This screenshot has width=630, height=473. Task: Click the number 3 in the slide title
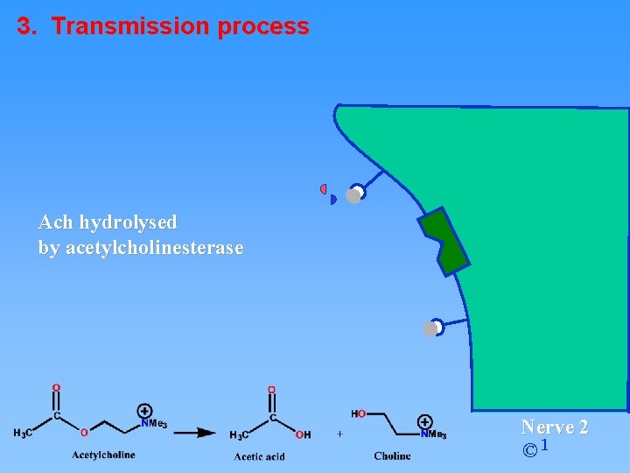pyautogui.click(x=26, y=26)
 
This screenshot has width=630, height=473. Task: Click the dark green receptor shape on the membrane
pyautogui.click(x=444, y=241)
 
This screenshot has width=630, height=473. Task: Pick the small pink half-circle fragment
pyautogui.click(x=323, y=188)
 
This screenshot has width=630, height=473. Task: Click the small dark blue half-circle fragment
pyautogui.click(x=332, y=200)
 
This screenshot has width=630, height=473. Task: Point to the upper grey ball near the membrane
pyautogui.click(x=353, y=196)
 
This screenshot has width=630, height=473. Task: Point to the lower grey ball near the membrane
pyautogui.click(x=430, y=329)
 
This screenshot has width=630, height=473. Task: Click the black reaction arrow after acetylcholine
pyautogui.click(x=194, y=432)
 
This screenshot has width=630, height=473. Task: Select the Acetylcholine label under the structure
pyautogui.click(x=103, y=455)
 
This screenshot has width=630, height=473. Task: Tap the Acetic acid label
pyautogui.click(x=259, y=456)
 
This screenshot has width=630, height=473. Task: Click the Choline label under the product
pyautogui.click(x=392, y=455)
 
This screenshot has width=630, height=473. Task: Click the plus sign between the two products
pyautogui.click(x=339, y=434)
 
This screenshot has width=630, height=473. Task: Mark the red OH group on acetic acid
pyautogui.click(x=303, y=434)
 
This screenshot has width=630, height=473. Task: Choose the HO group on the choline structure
pyautogui.click(x=359, y=413)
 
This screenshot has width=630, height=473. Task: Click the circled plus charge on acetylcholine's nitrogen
pyautogui.click(x=144, y=410)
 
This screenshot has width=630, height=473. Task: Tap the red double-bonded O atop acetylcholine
pyautogui.click(x=57, y=387)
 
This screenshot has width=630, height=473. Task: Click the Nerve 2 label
pyautogui.click(x=555, y=427)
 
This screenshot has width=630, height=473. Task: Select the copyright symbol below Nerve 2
pyautogui.click(x=529, y=451)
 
